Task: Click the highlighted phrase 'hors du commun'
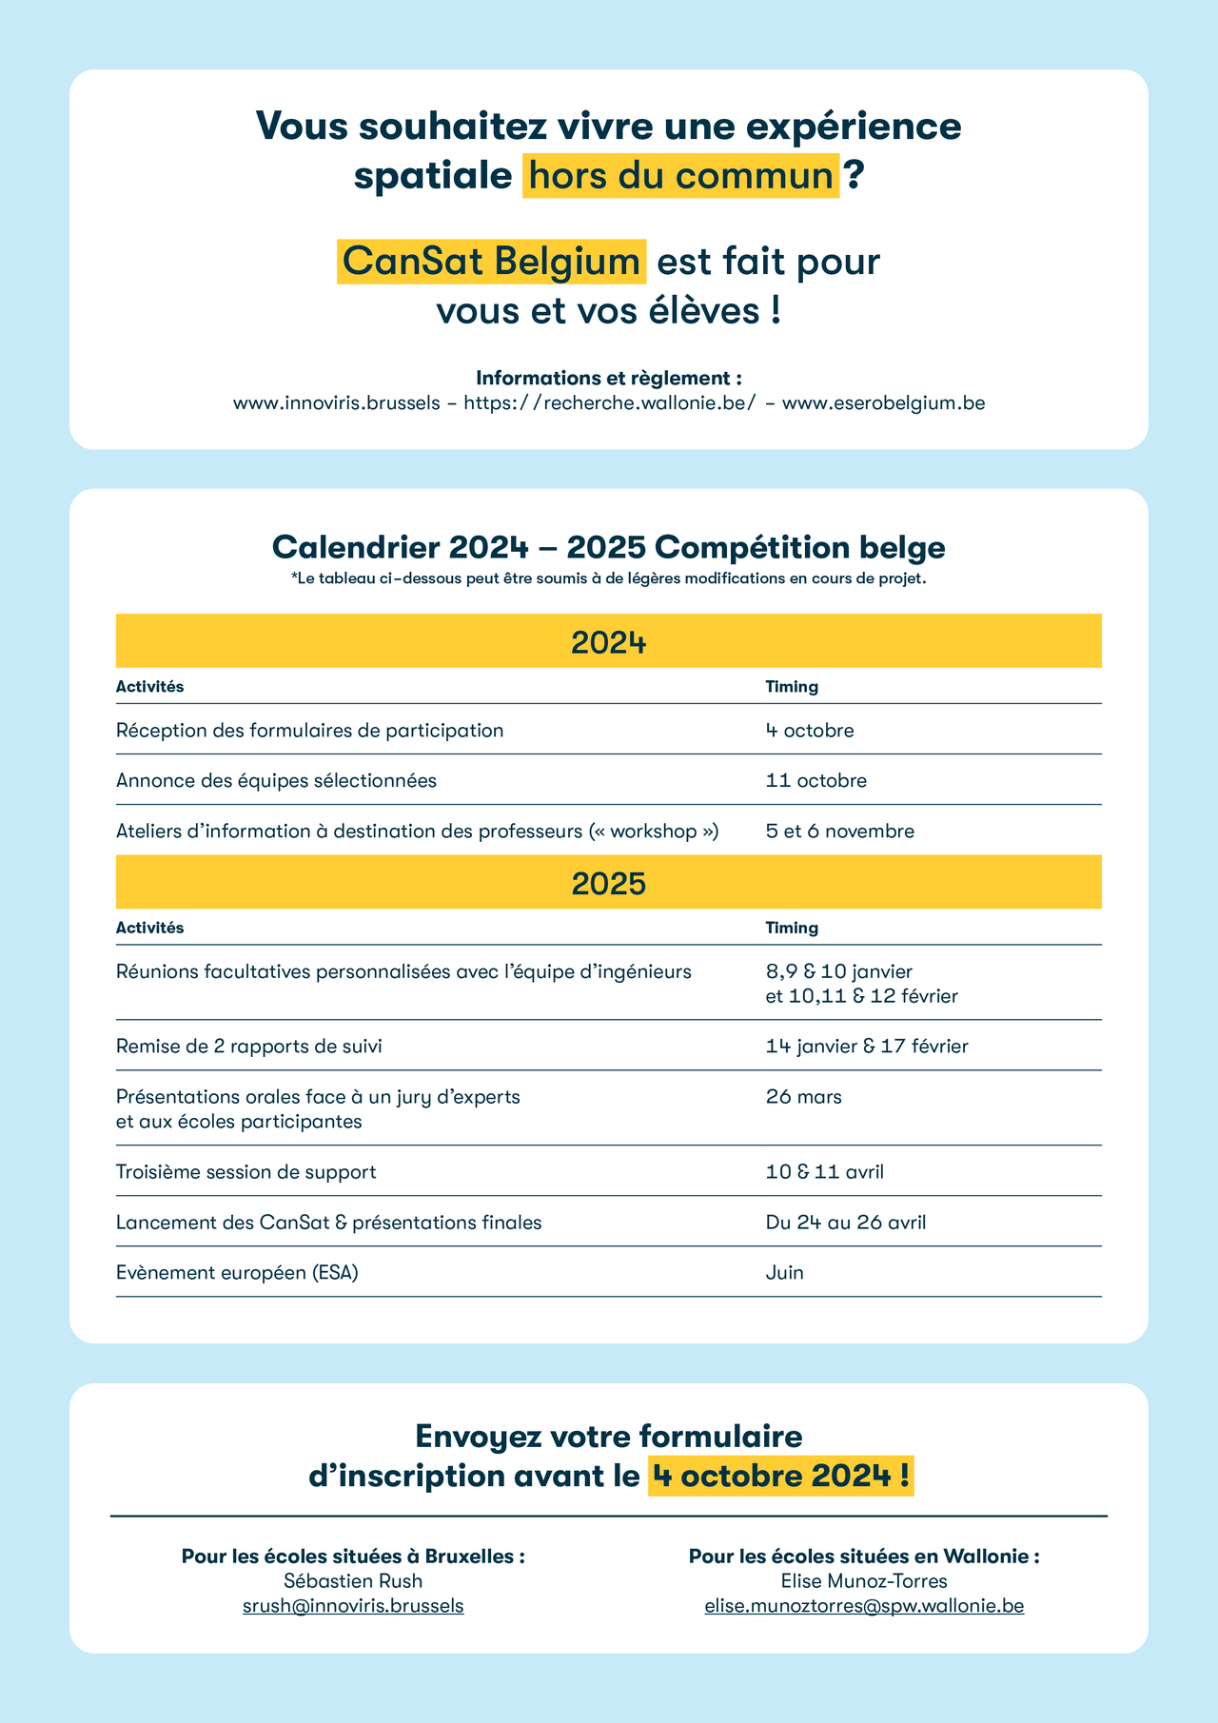tap(680, 176)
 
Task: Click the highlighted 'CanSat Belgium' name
tap(491, 262)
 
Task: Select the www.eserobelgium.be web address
tap(883, 403)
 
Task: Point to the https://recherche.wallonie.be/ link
tap(610, 403)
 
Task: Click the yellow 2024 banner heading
tap(609, 642)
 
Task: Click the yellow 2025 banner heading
tap(609, 883)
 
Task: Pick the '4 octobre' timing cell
tap(810, 731)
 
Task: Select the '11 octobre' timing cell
tap(816, 781)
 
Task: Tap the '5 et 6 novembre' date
tap(840, 832)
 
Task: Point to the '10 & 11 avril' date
tap(825, 1172)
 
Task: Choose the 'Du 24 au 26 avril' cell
tap(846, 1223)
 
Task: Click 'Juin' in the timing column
tap(785, 1273)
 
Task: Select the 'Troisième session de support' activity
tap(246, 1172)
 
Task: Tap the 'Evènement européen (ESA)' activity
tap(237, 1273)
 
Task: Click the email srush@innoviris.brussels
tap(353, 1606)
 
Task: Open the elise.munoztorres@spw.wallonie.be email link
tap(864, 1606)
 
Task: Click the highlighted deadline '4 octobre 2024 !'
tap(780, 1476)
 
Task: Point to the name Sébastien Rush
tap(353, 1581)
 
